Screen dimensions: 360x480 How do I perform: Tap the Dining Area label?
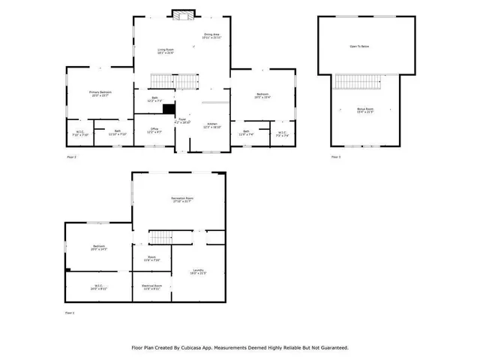pos(211,35)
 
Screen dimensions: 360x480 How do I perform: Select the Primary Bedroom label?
pos(99,93)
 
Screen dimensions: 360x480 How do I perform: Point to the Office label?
pos(153,128)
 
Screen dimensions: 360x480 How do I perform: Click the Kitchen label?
pos(212,125)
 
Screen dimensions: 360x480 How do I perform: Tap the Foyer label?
pos(182,120)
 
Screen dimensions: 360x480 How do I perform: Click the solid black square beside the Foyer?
pos(169,108)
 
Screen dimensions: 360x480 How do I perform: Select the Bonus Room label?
pos(364,110)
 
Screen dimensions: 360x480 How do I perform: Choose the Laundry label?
pos(198,271)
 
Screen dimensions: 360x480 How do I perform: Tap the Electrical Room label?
pos(152,286)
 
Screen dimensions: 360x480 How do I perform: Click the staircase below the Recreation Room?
pos(162,238)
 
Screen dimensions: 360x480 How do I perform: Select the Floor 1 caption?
pos(70,312)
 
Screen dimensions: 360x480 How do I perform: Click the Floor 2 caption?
pos(72,157)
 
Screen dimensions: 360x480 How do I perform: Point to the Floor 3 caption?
pos(336,157)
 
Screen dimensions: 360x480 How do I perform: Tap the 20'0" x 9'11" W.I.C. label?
pos(98,287)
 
